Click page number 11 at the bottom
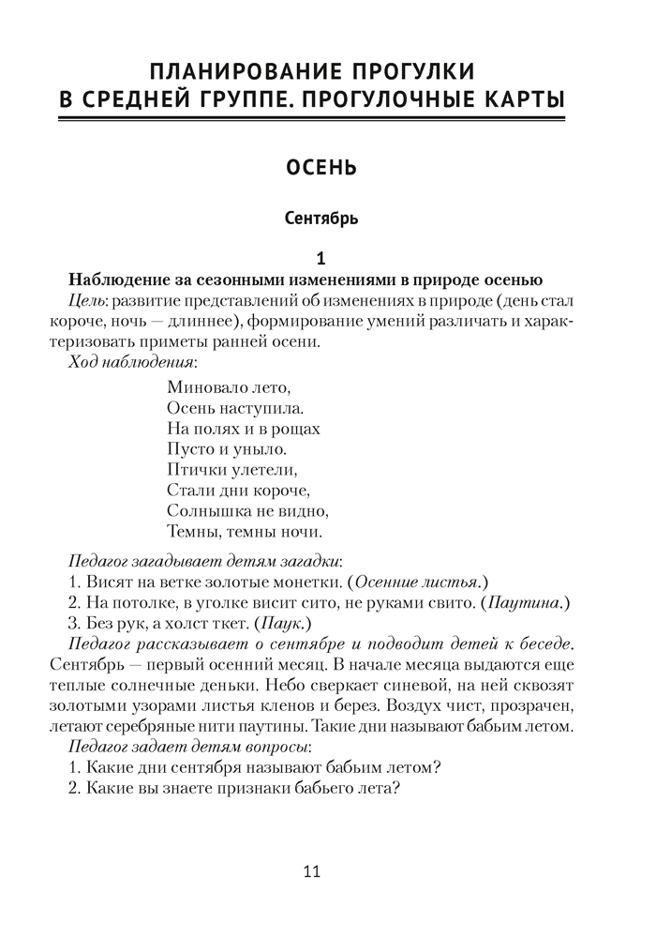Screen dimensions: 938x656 coord(313,871)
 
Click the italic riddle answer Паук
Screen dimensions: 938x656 coord(282,623)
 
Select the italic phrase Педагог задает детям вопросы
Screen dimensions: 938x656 coord(189,747)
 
